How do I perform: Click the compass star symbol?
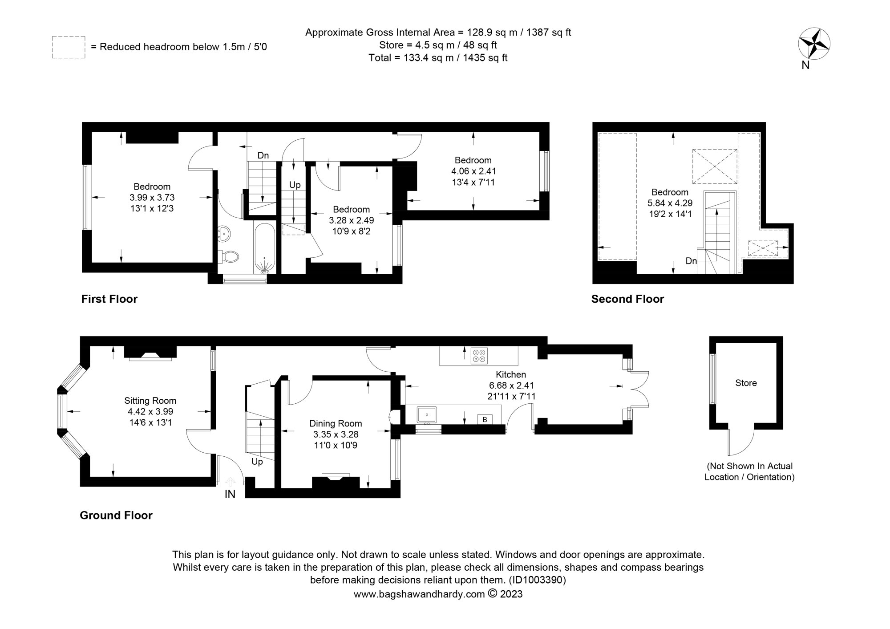click(814, 44)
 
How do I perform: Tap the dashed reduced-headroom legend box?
click(69, 47)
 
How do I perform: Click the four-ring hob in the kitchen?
click(479, 355)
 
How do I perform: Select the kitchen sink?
click(427, 414)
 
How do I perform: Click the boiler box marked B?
click(485, 419)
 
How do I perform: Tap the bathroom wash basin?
click(225, 233)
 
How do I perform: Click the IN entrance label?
click(230, 494)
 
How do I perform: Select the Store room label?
click(746, 383)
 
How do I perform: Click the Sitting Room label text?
click(150, 401)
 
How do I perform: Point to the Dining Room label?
click(336, 423)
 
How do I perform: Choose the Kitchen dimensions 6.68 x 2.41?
click(510, 386)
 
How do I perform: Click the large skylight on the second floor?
click(715, 166)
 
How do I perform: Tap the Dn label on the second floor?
click(691, 261)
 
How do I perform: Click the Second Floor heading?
click(627, 299)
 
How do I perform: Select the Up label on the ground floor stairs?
click(257, 462)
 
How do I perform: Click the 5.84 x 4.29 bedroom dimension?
click(670, 203)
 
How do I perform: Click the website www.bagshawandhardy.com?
click(419, 594)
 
